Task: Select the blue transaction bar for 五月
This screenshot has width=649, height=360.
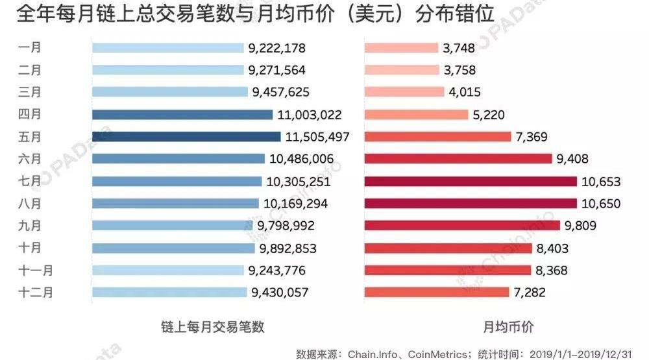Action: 186,137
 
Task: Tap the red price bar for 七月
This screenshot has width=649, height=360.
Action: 471,181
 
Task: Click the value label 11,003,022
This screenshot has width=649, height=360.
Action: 309,115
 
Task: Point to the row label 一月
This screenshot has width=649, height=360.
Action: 31,47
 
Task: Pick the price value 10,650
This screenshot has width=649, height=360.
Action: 601,204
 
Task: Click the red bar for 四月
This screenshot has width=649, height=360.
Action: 416,115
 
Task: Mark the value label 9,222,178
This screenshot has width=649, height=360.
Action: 276,48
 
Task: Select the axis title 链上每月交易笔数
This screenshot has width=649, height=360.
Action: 212,327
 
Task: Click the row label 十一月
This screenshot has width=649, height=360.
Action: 36,270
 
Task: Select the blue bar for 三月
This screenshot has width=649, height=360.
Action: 169,92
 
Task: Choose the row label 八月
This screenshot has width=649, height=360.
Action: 31,204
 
